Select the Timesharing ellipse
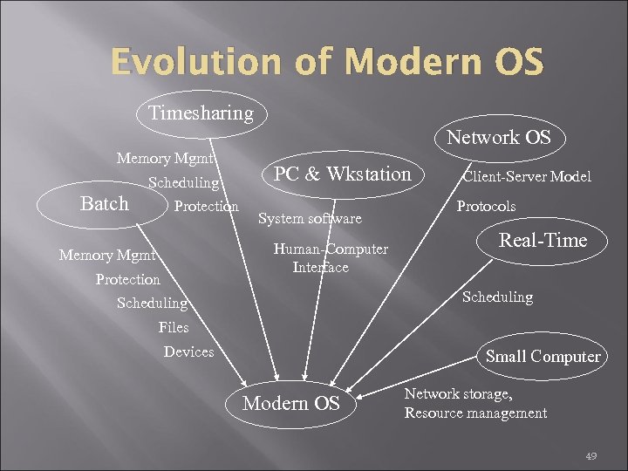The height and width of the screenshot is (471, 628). [x=201, y=113]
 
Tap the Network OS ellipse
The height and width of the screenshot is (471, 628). [x=498, y=138]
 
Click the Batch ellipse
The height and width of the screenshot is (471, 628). [x=104, y=204]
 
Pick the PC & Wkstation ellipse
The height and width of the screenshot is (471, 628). [x=342, y=174]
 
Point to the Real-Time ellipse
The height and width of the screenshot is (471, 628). [x=542, y=242]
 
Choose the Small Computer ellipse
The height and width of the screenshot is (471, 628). [x=543, y=356]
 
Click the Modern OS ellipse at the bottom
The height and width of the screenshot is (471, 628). [x=290, y=403]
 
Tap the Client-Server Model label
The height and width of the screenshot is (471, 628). [x=526, y=177]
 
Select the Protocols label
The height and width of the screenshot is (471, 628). [x=486, y=207]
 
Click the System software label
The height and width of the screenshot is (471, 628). [x=310, y=219]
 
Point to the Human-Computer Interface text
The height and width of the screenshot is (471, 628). [x=330, y=258]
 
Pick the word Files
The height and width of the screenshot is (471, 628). [x=174, y=327]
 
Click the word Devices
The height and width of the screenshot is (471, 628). [x=188, y=352]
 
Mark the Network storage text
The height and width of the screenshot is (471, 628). [x=458, y=394]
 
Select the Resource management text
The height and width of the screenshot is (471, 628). [x=475, y=413]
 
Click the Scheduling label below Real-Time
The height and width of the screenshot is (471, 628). [x=497, y=297]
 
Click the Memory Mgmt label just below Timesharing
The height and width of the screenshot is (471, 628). [x=166, y=159]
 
